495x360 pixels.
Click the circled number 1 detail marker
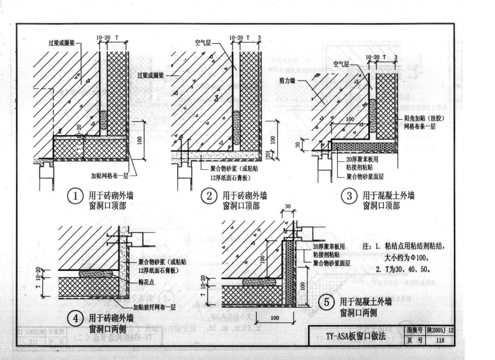(76, 196)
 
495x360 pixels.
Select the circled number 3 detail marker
(349, 196)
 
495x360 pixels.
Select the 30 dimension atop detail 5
(287, 207)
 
